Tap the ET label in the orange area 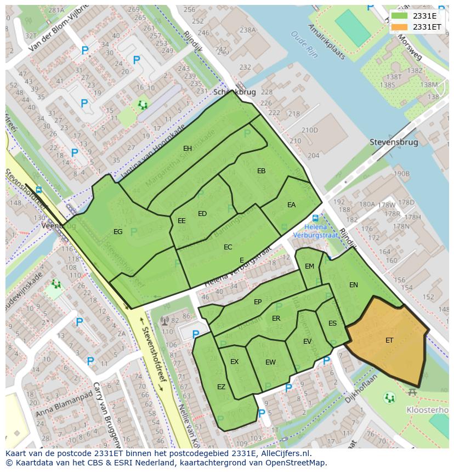tap(389, 340)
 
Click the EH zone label tap(188, 149)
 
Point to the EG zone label tap(118, 232)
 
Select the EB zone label tap(261, 171)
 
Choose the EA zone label tap(291, 205)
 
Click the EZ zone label tap(221, 387)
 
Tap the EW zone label tap(270, 362)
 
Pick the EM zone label tap(309, 266)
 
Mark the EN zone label tap(353, 285)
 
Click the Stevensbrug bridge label tap(394, 142)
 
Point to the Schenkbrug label tap(234, 92)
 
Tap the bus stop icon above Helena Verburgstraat tap(315, 218)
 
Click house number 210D tap(309, 130)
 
